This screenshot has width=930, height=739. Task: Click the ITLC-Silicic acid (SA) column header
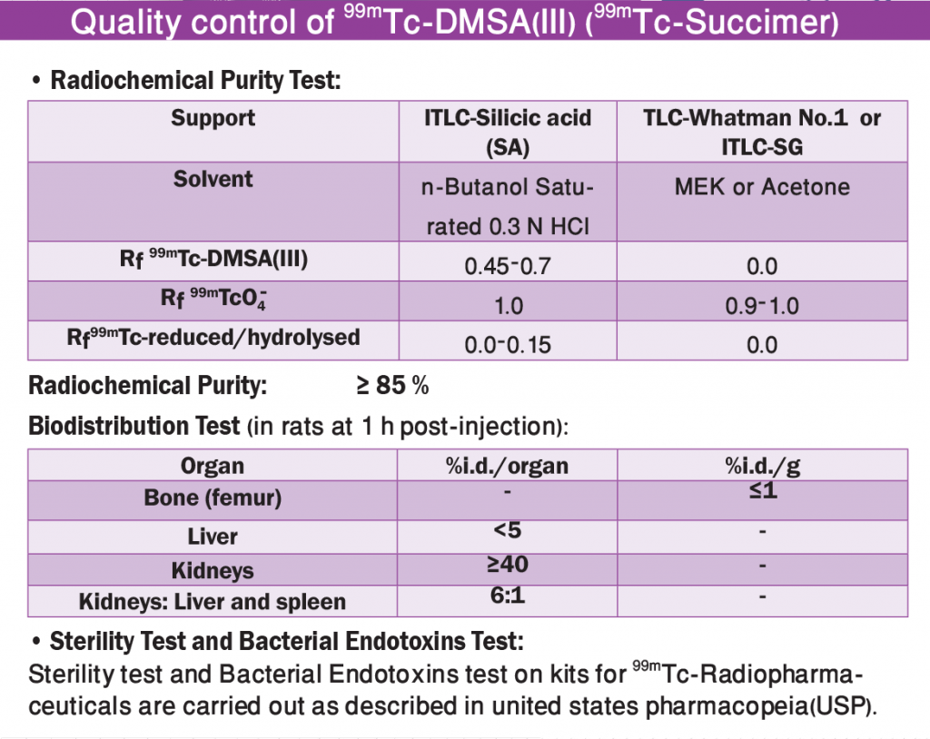tap(508, 132)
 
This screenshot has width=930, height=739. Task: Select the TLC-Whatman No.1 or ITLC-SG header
tap(762, 132)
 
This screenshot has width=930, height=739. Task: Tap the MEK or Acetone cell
tap(762, 187)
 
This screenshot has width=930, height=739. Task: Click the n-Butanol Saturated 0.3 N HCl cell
tap(508, 206)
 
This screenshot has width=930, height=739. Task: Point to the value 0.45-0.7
tap(508, 266)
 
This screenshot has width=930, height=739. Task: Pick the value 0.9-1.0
tap(762, 306)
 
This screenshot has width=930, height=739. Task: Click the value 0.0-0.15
tap(508, 345)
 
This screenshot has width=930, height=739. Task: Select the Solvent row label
tap(213, 179)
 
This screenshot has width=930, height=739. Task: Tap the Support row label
tap(213, 118)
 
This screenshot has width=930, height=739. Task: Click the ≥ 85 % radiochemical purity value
tap(392, 386)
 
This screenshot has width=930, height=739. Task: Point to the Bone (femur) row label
tap(213, 498)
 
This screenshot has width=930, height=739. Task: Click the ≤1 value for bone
tap(763, 490)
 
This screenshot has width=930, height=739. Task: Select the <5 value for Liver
tap(508, 529)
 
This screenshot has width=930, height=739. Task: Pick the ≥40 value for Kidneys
tap(508, 564)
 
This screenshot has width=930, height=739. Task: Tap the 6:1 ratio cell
tap(508, 595)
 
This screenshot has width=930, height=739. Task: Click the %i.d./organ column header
tap(507, 466)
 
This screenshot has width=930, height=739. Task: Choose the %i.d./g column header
tap(763, 466)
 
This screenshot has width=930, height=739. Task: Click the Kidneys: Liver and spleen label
tap(213, 602)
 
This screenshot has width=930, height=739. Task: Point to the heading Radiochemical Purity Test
tap(196, 80)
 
